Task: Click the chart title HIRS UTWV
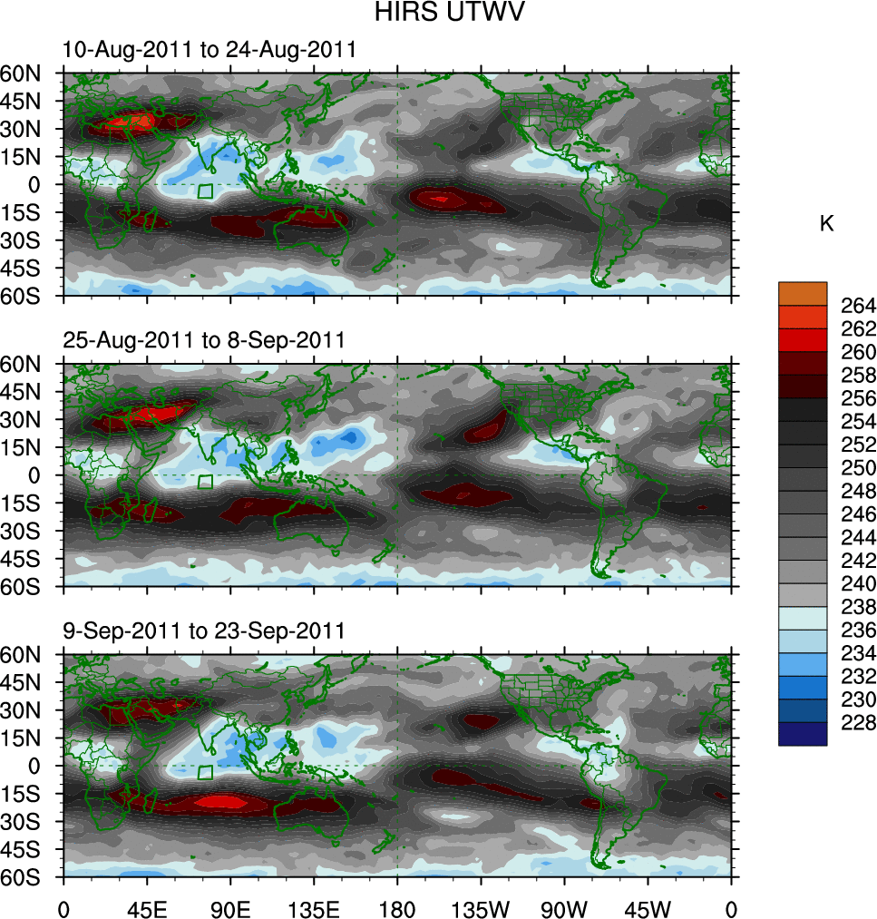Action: pos(438,13)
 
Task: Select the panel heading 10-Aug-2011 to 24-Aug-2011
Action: pos(210,50)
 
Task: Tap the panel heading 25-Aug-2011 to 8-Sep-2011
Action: pos(204,340)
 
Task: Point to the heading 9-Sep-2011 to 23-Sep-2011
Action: pos(204,631)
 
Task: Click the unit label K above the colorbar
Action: pos(826,224)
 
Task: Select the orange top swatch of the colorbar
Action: pos(803,293)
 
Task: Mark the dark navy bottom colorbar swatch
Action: pos(803,734)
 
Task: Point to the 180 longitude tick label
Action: pos(397,907)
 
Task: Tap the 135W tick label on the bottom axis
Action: pos(481,907)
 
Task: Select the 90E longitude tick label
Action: pos(230,907)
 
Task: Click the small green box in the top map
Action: pos(206,191)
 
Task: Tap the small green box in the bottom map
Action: pos(206,772)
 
